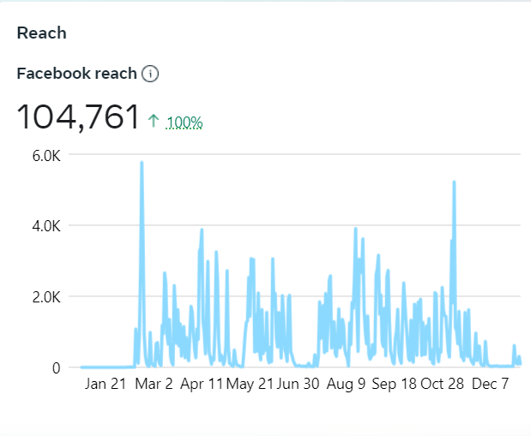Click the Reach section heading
pos(42,33)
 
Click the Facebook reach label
pos(76,74)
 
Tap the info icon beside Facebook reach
pos(150,74)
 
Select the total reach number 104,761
pos(78,117)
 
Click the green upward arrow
pos(154,121)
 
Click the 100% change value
pos(184,122)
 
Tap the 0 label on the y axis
pos(55,368)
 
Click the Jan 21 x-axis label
pos(107,385)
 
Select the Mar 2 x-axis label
pos(154,385)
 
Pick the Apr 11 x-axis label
pos(202,385)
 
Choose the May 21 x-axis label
pos(250,385)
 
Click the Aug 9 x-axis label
pos(347,385)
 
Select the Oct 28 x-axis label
pos(443,385)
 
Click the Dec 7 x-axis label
pos(491,385)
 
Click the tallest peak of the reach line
pos(142,163)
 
